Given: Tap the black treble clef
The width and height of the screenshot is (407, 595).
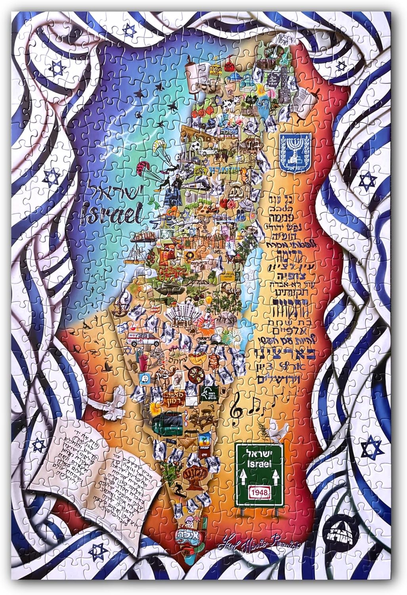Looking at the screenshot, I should coord(237,405).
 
